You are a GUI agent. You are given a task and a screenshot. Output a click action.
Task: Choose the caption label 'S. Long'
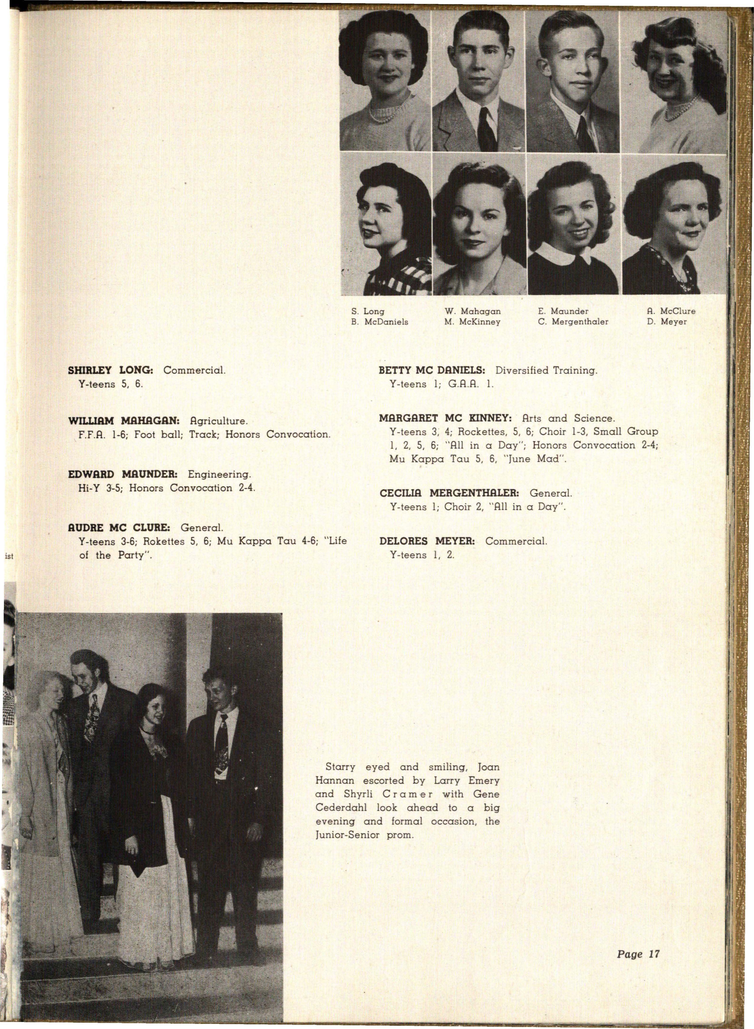click(368, 311)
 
